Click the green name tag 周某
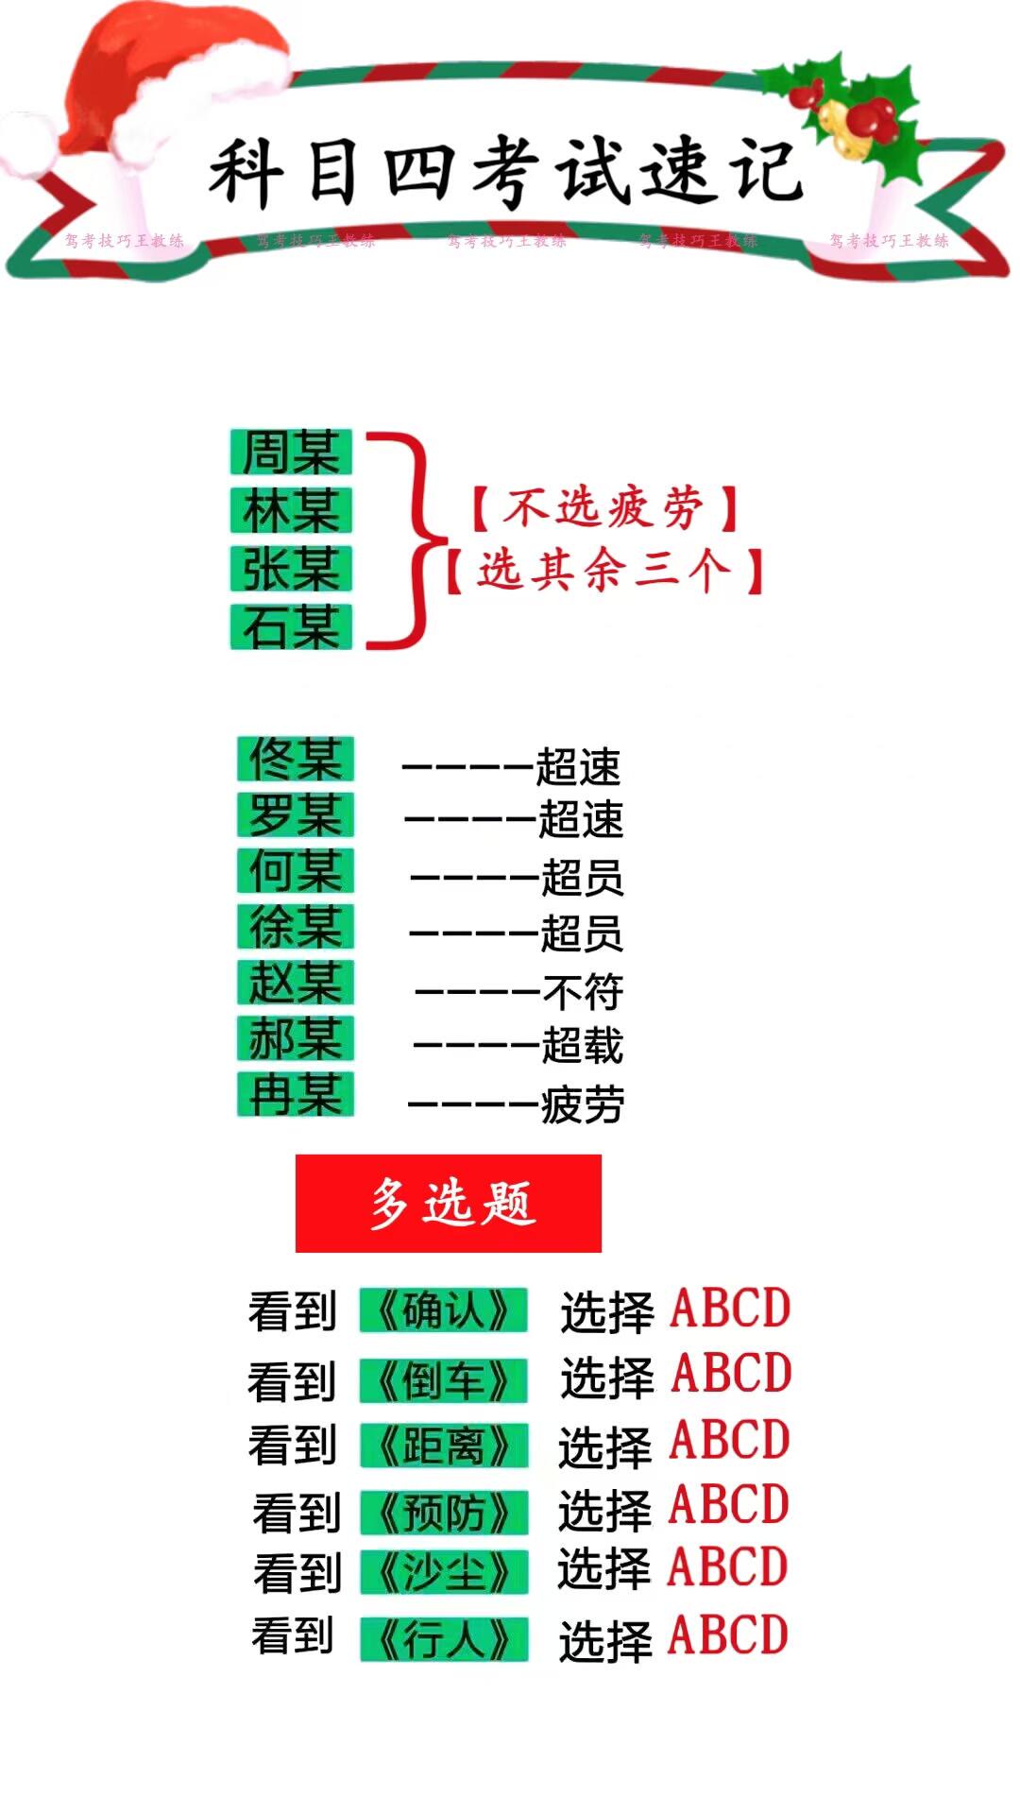[291, 452]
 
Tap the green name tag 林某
[291, 510]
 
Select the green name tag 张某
[291, 569]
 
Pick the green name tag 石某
[291, 626]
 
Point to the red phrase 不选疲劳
[604, 507]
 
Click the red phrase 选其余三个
[604, 570]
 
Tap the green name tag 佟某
[295, 759]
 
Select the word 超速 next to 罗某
[580, 819]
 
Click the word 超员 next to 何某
[582, 878]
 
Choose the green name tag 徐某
[295, 926]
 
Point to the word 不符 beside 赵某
[583, 992]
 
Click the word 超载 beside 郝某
[582, 1046]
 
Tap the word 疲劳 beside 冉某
[582, 1104]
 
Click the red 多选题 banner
[449, 1203]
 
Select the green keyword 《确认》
[443, 1310]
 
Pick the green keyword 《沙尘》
[443, 1572]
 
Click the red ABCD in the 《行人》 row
[728, 1635]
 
